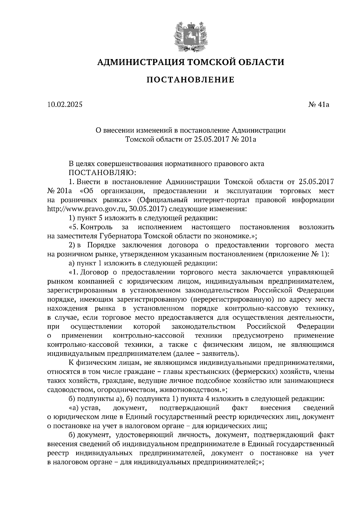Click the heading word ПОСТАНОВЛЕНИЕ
[x=190, y=80]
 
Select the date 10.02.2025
[x=64, y=105]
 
